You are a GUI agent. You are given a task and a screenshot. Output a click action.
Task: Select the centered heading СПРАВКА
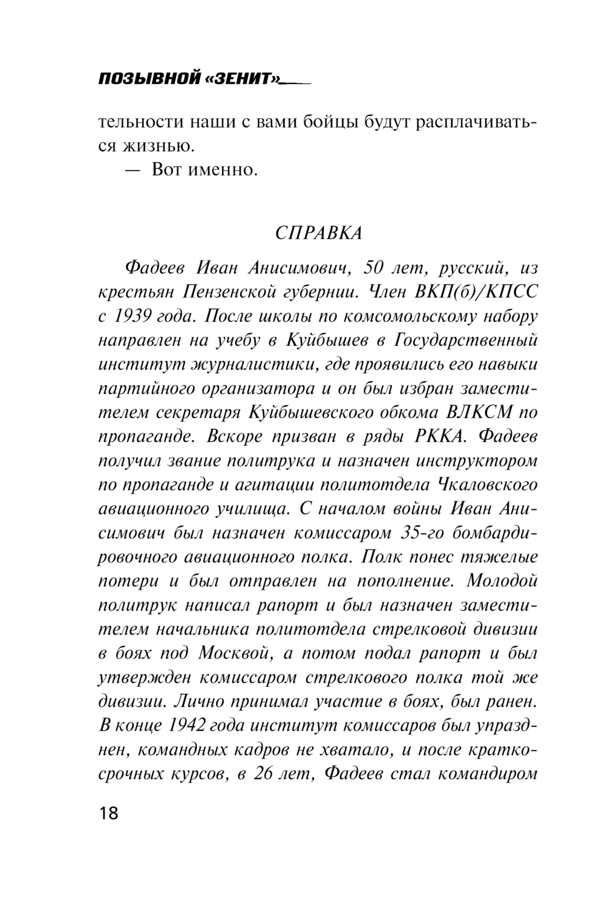318,233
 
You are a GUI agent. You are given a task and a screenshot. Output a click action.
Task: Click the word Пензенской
229,292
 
